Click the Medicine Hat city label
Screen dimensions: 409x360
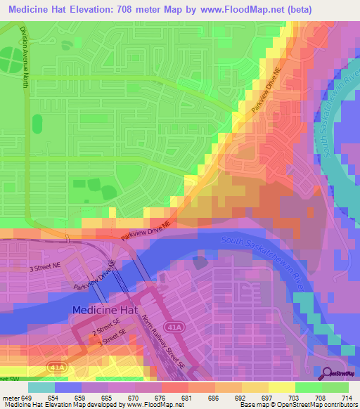(x=106, y=309)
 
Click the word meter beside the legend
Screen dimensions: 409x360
(x=11, y=397)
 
